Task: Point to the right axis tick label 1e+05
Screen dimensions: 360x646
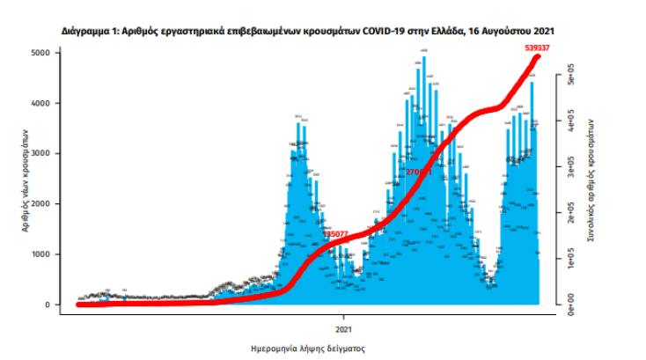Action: coord(570,259)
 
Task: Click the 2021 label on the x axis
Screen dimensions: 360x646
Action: coord(343,327)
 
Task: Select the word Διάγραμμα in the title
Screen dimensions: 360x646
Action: coord(89,31)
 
